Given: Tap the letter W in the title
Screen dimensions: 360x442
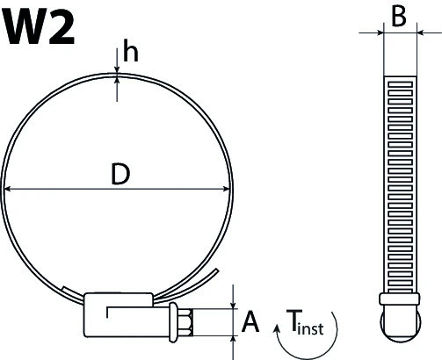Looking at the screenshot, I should click(25, 28).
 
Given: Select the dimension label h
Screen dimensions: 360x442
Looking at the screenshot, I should click(131, 54).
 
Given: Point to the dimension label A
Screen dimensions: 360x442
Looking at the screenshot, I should click(250, 323).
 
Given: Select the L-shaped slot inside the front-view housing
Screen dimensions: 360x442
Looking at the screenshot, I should click(132, 311).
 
